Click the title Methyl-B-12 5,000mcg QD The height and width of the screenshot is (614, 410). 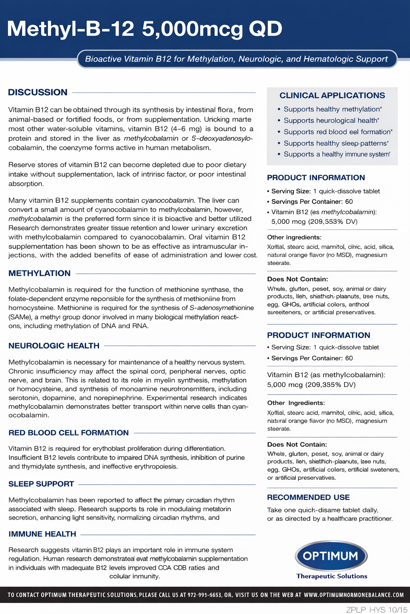pos(145,29)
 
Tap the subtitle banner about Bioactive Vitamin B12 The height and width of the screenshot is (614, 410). pos(236,59)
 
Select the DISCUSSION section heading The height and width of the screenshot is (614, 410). pos(38,92)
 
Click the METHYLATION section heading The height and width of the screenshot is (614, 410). pos(39,273)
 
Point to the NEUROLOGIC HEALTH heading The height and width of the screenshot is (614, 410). pos(54,346)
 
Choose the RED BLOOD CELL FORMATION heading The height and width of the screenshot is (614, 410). pos(68,433)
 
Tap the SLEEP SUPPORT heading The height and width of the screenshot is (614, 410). pos(41,484)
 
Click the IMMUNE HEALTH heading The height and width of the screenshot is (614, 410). pos(42,534)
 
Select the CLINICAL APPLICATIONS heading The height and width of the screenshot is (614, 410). pos(332,96)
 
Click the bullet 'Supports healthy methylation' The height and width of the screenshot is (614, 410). pos(332,109)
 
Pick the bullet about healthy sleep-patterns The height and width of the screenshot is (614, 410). pos(336,143)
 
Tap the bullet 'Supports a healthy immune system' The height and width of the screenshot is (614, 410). pos(336,154)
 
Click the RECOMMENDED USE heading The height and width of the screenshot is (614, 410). pos(308,497)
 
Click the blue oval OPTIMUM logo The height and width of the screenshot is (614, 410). pos(331,556)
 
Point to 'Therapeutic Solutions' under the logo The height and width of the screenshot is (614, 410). pos(332,576)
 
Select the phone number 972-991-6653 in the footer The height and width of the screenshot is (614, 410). pos(204,595)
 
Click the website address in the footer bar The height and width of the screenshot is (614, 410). pos(354,595)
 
